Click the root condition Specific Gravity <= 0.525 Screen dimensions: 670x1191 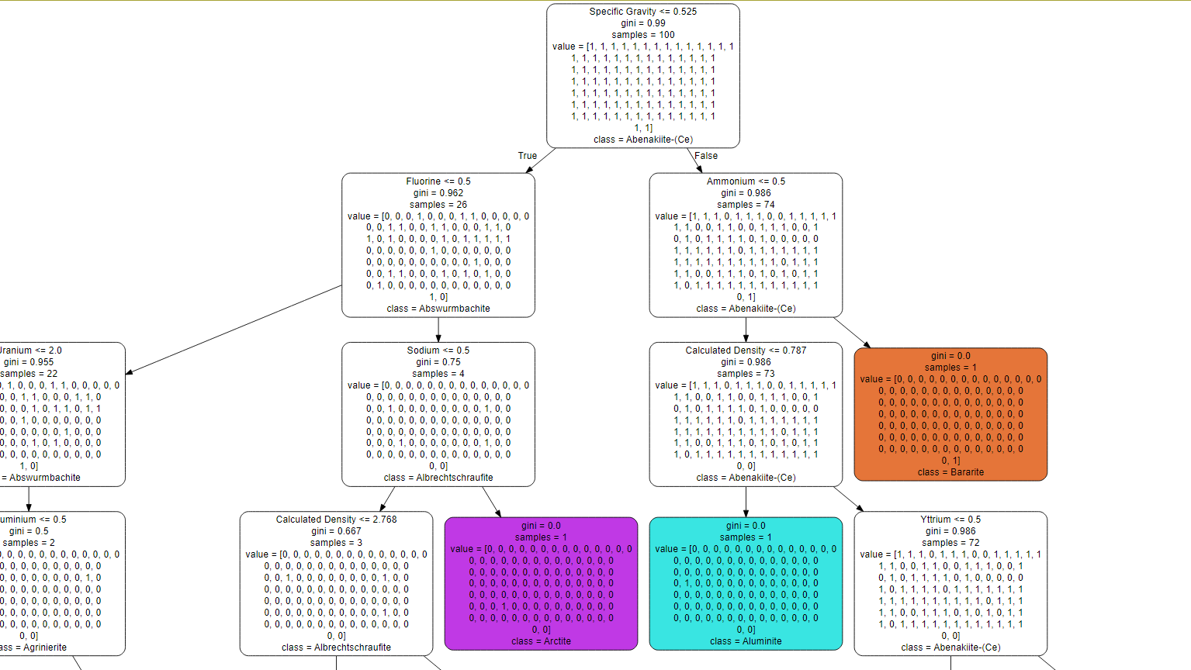coord(642,12)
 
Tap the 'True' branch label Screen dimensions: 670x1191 coord(528,156)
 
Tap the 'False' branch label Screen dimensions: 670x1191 coord(706,156)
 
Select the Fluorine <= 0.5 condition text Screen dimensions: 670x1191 coord(438,181)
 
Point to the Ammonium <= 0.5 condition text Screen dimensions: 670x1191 coord(746,181)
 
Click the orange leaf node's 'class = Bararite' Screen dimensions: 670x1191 coord(950,472)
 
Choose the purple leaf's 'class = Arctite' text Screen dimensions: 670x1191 coord(541,641)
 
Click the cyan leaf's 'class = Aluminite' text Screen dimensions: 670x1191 coord(746,641)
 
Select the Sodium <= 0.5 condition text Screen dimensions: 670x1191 coord(438,351)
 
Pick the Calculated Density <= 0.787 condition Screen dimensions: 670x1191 coord(746,351)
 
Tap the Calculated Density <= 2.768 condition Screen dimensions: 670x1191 coord(336,520)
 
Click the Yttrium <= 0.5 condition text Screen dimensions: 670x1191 coord(950,520)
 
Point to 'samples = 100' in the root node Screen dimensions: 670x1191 coord(642,35)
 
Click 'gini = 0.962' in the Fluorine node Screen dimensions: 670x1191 coord(438,193)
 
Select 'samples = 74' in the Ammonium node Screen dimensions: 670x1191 coord(746,205)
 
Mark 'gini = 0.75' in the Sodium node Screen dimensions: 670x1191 coord(438,362)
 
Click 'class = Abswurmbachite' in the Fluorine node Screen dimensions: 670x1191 coord(438,309)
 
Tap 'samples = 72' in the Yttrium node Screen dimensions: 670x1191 coord(950,543)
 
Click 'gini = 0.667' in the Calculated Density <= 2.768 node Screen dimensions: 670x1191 coord(336,531)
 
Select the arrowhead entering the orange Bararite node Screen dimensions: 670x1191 coord(867,344)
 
